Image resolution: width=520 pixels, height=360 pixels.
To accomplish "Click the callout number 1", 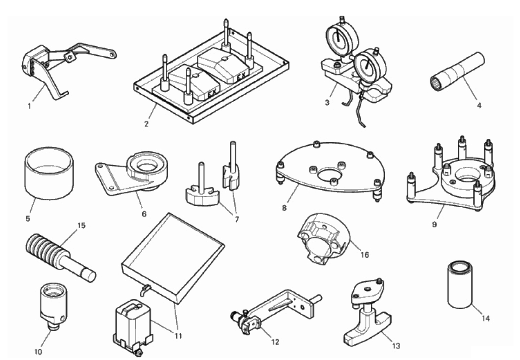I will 30,105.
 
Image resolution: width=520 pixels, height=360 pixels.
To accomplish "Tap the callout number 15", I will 81,226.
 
